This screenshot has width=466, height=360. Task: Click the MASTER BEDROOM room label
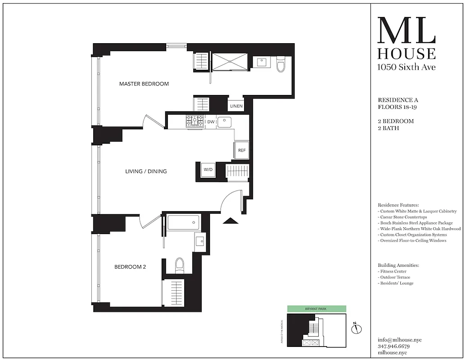[144, 84]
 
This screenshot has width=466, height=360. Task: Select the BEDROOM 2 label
[130, 267]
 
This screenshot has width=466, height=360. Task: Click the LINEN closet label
[236, 106]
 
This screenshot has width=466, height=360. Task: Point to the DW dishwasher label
[211, 122]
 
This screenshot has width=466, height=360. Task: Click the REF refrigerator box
[242, 150]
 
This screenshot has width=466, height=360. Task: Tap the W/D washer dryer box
[208, 170]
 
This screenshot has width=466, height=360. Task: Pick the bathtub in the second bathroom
[183, 222]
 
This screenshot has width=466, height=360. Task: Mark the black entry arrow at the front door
[230, 220]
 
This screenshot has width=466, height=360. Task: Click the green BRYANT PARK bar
[317, 309]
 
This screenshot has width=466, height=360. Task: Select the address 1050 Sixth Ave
[406, 67]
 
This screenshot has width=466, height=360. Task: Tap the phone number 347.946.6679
[394, 346]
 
